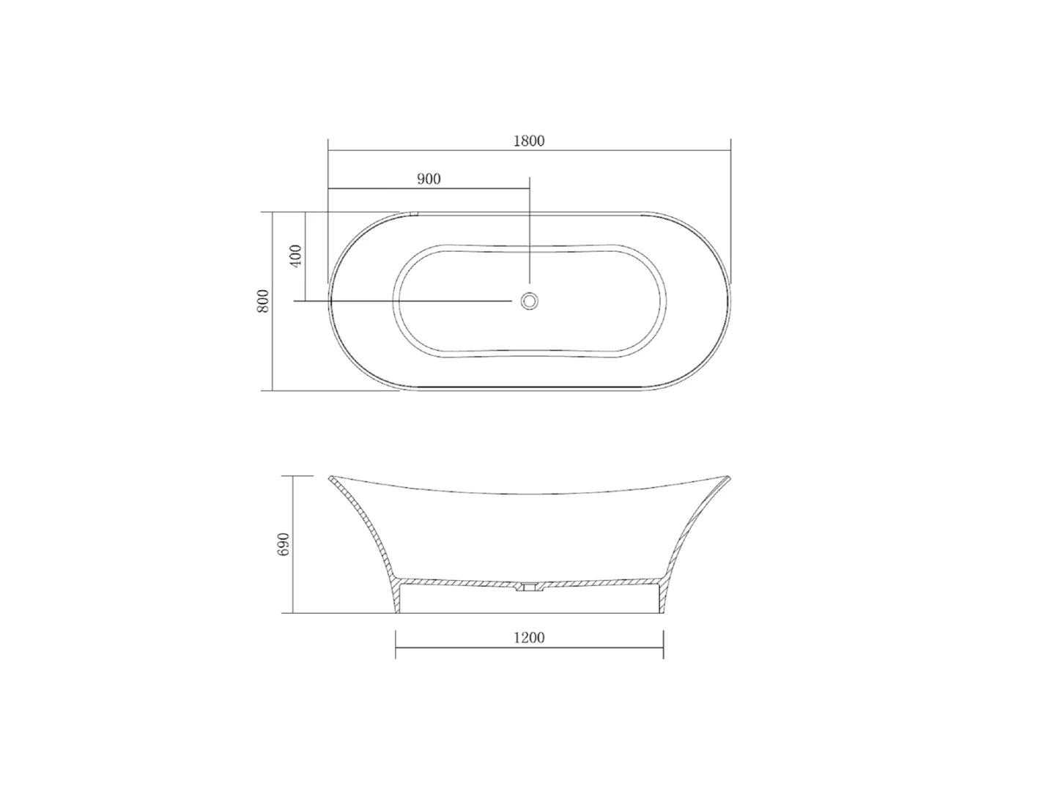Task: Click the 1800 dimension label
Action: [528, 141]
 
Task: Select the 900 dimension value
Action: [429, 179]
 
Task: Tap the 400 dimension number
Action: [296, 256]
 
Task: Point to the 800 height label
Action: [264, 301]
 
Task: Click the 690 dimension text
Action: [285, 544]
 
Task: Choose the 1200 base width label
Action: [529, 638]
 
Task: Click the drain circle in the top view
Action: [529, 300]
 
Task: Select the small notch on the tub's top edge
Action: [413, 214]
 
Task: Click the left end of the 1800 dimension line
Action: [327, 150]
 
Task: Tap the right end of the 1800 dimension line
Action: [730, 150]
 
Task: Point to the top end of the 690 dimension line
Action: [293, 475]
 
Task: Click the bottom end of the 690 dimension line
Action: [293, 613]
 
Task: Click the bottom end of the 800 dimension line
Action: [273, 390]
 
